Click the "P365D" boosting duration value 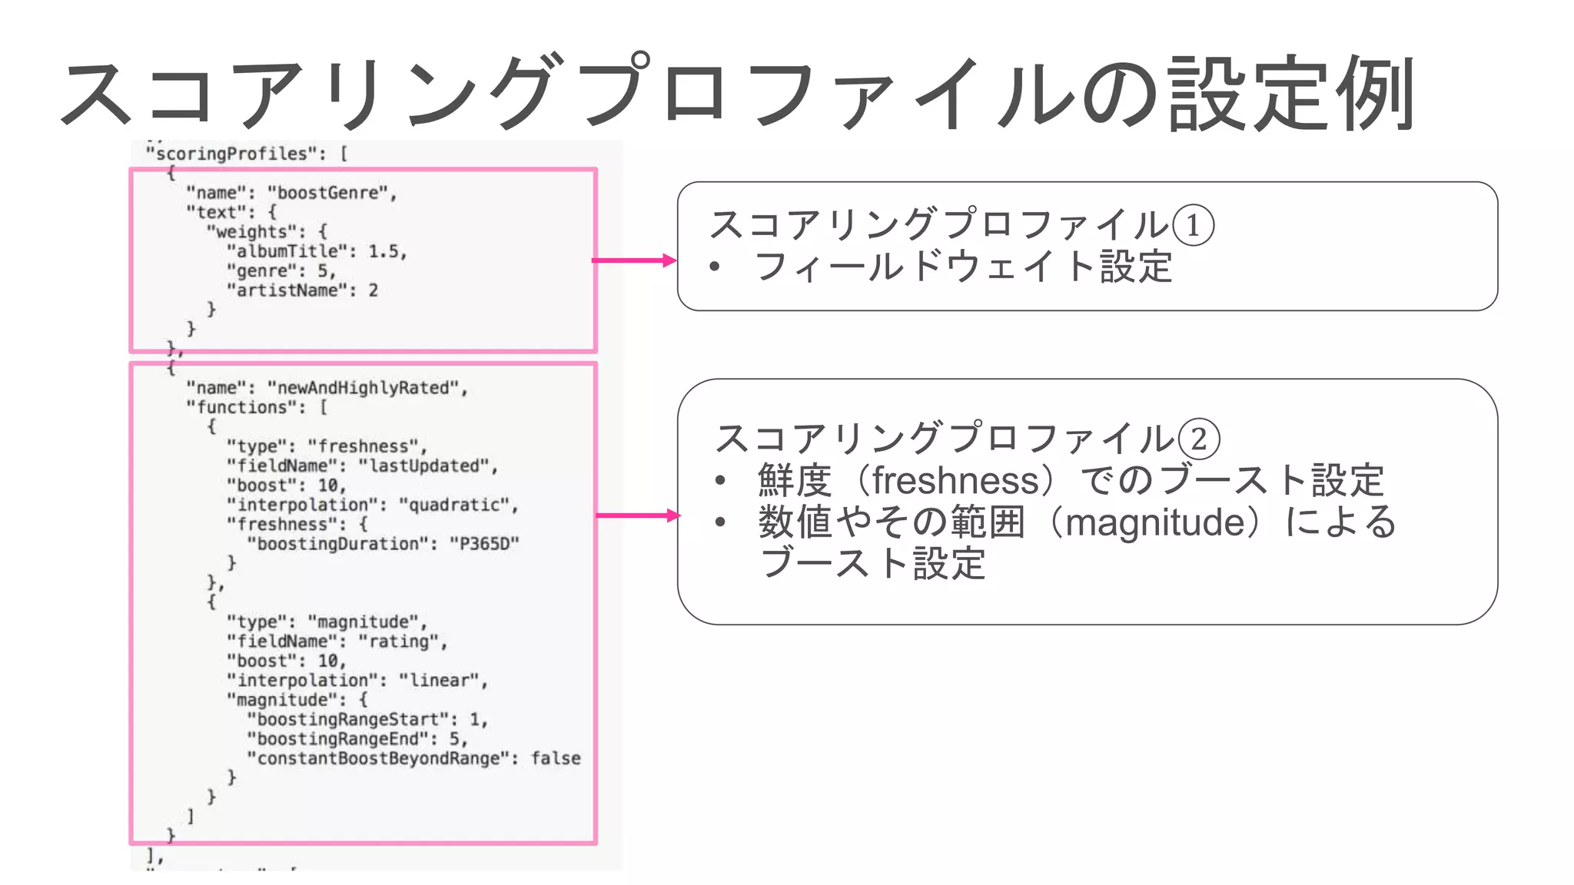pos(484,544)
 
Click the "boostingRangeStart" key pos(347,720)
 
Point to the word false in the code pos(556,759)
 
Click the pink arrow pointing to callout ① pos(634,260)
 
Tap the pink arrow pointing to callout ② pos(638,515)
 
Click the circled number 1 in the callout pos(1193,226)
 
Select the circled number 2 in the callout pos(1198,439)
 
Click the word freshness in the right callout pos(955,481)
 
